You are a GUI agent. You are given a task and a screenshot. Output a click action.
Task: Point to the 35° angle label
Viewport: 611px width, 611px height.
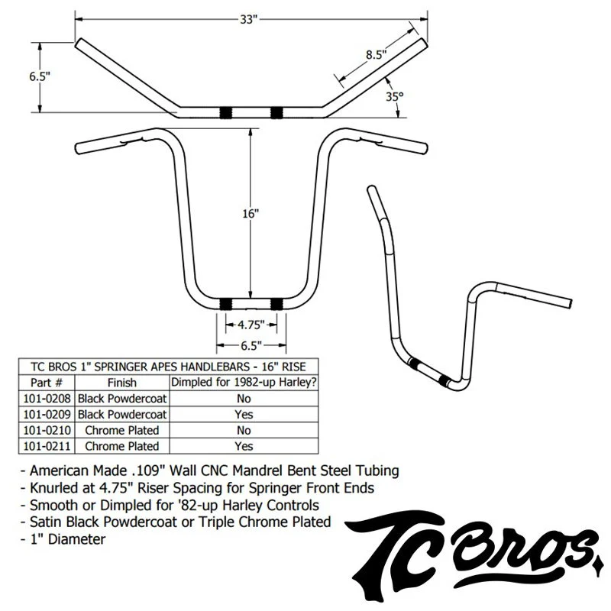394,97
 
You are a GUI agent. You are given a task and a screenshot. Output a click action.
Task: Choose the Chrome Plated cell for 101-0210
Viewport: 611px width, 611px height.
122,430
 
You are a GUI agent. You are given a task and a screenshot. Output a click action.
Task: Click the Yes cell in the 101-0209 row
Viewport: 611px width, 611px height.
244,414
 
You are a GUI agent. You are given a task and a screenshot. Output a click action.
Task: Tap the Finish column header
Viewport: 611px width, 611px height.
122,382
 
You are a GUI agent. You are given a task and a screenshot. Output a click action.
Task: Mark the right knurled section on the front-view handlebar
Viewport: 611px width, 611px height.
276,304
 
